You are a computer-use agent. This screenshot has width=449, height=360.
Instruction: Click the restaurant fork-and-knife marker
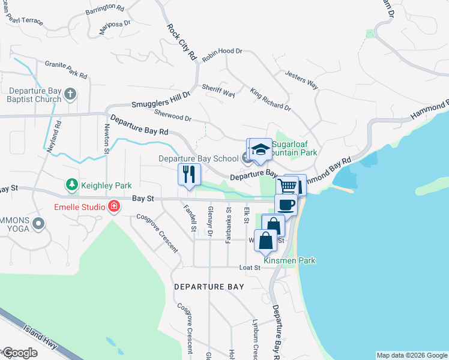(x=190, y=175)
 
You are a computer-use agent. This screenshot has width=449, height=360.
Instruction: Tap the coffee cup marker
(x=286, y=205)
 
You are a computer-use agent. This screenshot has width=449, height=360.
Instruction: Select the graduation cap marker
(x=261, y=150)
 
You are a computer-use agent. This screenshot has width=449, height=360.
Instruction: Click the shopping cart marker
(x=288, y=186)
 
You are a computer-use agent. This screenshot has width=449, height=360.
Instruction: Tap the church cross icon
(x=70, y=94)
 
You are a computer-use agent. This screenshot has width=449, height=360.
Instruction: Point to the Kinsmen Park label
(x=289, y=260)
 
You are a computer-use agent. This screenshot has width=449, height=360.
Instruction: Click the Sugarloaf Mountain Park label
(x=294, y=148)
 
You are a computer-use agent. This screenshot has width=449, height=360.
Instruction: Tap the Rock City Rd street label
(x=182, y=41)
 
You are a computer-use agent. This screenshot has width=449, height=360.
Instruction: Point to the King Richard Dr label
(x=271, y=100)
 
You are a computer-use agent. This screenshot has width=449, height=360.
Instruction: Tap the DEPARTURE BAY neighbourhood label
(x=209, y=287)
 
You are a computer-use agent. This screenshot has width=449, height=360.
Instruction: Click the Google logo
(x=20, y=353)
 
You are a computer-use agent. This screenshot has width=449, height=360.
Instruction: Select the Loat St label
(x=249, y=268)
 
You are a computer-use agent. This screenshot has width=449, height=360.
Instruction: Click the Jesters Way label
(x=301, y=80)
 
